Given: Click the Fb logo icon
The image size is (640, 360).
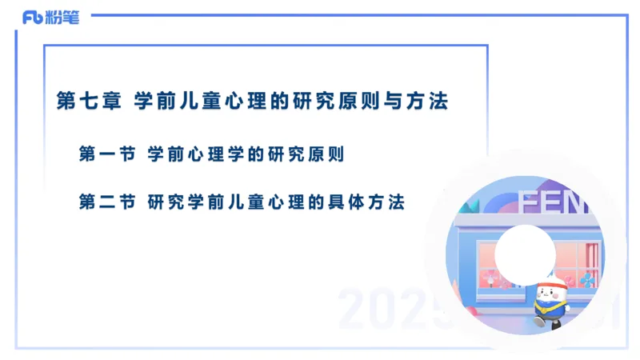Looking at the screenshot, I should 34,18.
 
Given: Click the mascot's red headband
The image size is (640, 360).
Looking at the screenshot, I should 551,281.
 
